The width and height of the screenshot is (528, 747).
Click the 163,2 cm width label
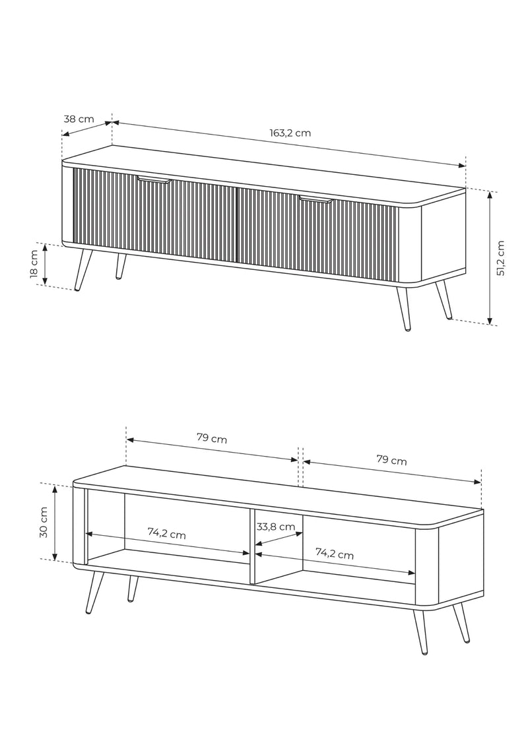point(290,133)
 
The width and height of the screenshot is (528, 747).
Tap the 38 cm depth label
point(79,119)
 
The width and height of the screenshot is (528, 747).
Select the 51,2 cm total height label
point(500,258)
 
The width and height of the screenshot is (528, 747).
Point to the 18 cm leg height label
point(34,264)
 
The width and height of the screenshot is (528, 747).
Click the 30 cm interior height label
point(44,522)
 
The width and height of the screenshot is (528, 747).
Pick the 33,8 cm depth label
point(276,527)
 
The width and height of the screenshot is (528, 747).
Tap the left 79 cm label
point(212,438)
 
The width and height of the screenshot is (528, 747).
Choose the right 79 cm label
point(392,460)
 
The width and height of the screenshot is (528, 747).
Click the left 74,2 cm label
point(166,533)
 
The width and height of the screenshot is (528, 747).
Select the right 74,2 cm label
point(335,554)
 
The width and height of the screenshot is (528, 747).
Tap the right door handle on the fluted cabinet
point(315,199)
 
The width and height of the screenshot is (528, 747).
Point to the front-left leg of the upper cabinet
point(84,270)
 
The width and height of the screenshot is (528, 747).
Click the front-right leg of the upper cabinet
point(403,308)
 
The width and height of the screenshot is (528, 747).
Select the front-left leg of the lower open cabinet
point(94,592)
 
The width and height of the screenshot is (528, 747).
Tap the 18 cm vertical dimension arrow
point(46,264)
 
